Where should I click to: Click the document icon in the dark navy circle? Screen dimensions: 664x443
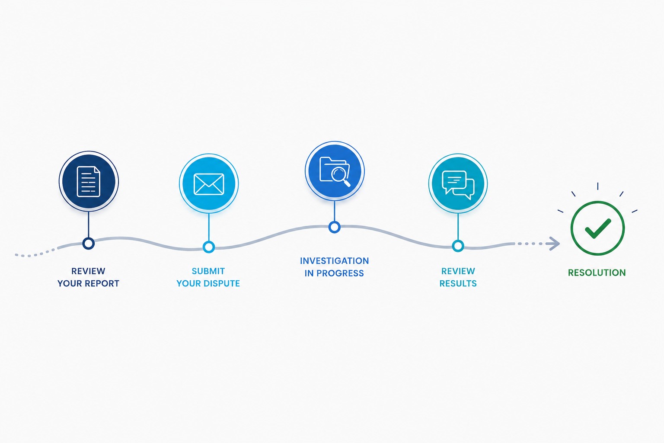[x=88, y=182]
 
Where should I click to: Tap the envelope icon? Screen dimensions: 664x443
[x=209, y=184]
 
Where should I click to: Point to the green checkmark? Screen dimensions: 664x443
[x=597, y=228]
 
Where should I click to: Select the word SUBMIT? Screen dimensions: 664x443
[x=208, y=271]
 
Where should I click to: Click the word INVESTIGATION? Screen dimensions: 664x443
[x=334, y=261]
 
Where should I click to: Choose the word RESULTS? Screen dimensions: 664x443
[x=458, y=283]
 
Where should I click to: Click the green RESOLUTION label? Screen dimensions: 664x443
[x=597, y=273]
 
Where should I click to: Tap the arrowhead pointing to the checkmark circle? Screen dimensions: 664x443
[x=553, y=244]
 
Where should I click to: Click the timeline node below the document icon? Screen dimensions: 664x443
[x=88, y=243]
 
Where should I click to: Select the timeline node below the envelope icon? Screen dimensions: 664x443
[x=209, y=247]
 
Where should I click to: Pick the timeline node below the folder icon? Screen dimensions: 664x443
[x=334, y=227]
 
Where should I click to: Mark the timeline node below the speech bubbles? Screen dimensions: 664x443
[x=458, y=246]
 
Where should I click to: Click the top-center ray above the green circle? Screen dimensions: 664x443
[x=597, y=186]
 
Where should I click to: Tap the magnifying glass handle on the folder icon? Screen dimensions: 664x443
[x=346, y=183]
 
